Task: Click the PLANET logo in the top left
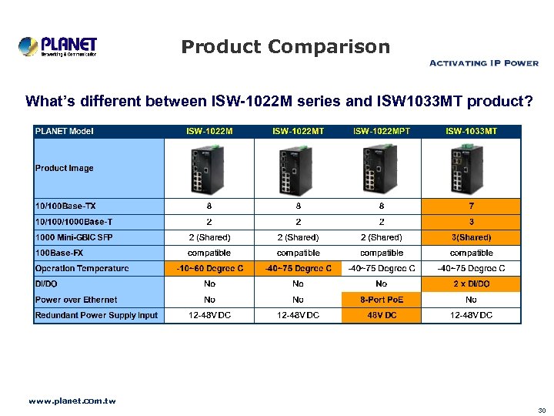58,46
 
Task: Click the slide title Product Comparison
285,47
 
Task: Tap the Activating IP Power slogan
482,63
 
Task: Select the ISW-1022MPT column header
382,131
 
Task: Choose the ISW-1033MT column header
471,131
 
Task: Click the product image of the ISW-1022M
209,169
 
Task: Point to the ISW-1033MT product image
471,169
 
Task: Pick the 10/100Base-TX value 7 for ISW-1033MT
471,206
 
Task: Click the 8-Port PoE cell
382,300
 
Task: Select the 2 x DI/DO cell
471,284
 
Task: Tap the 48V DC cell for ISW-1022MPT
382,315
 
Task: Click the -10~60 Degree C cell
209,268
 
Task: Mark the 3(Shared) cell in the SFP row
471,237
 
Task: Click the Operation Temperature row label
82,268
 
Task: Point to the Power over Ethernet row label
76,300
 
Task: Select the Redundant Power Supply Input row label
96,315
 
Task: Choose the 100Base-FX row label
60,253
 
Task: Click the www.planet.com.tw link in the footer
72,401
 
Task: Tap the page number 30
542,411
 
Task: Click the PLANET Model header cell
65,131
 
